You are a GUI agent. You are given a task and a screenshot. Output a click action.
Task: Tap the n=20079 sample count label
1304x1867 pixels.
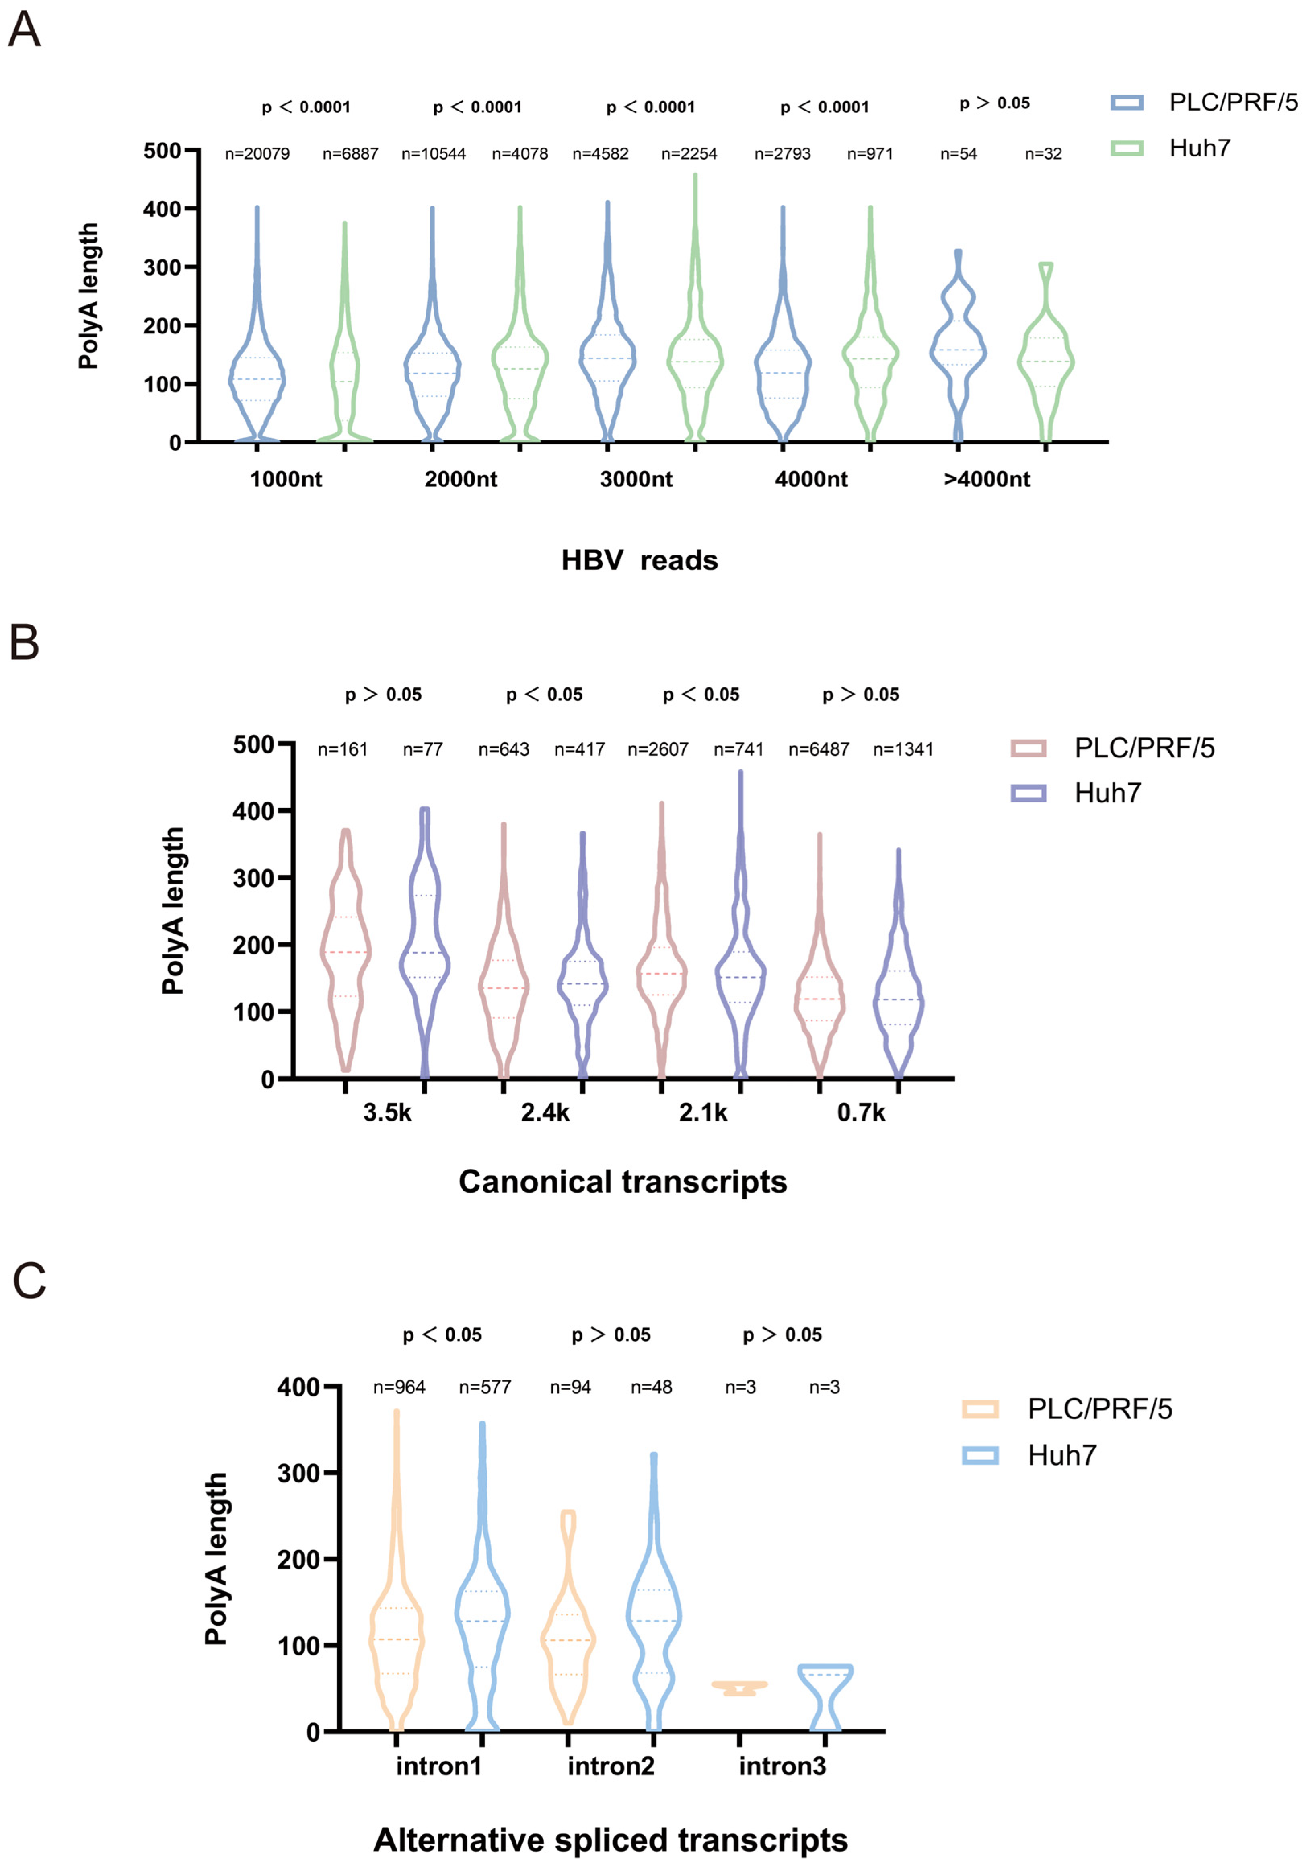tap(257, 154)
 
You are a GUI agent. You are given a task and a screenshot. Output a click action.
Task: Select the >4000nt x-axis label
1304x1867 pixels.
tap(986, 479)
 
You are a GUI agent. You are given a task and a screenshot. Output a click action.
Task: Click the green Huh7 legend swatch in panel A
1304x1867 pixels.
tap(1127, 148)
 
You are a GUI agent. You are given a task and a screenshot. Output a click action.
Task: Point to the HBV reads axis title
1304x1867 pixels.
tap(639, 560)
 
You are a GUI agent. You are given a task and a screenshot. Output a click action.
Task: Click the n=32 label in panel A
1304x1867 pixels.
tap(1043, 154)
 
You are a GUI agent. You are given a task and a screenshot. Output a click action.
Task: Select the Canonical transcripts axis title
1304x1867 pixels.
tap(623, 1181)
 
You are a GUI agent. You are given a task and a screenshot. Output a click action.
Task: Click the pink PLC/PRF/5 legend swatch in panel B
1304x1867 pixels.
tap(1028, 748)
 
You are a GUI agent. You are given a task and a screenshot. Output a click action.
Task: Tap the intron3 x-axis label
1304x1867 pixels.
tap(782, 1766)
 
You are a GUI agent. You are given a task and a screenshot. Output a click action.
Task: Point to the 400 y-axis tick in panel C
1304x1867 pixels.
tap(298, 1386)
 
